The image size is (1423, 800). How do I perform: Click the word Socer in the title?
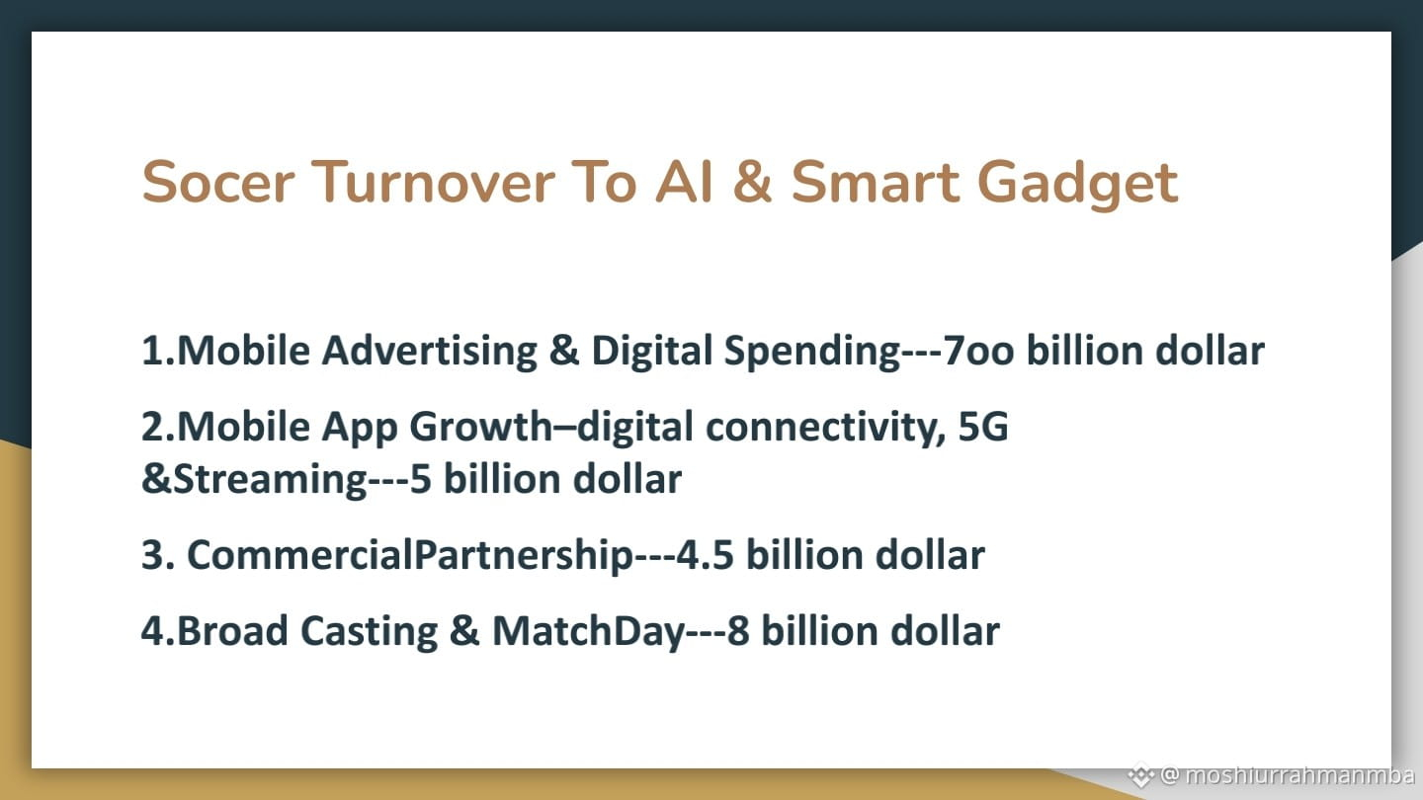(x=217, y=182)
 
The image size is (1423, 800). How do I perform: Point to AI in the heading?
(x=684, y=182)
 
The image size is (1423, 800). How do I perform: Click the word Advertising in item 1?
(x=430, y=351)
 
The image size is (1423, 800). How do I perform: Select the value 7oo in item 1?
(x=978, y=352)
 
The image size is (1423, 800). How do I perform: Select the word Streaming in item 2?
(x=271, y=480)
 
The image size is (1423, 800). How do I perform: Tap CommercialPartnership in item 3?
(x=410, y=556)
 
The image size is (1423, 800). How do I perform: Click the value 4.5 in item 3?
(x=705, y=555)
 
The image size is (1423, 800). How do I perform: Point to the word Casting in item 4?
(x=369, y=632)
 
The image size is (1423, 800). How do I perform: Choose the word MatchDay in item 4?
(x=589, y=632)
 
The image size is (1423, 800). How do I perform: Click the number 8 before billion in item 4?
(x=737, y=632)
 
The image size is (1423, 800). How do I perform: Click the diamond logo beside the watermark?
(x=1141, y=775)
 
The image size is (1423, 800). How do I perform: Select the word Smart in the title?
(x=876, y=182)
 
